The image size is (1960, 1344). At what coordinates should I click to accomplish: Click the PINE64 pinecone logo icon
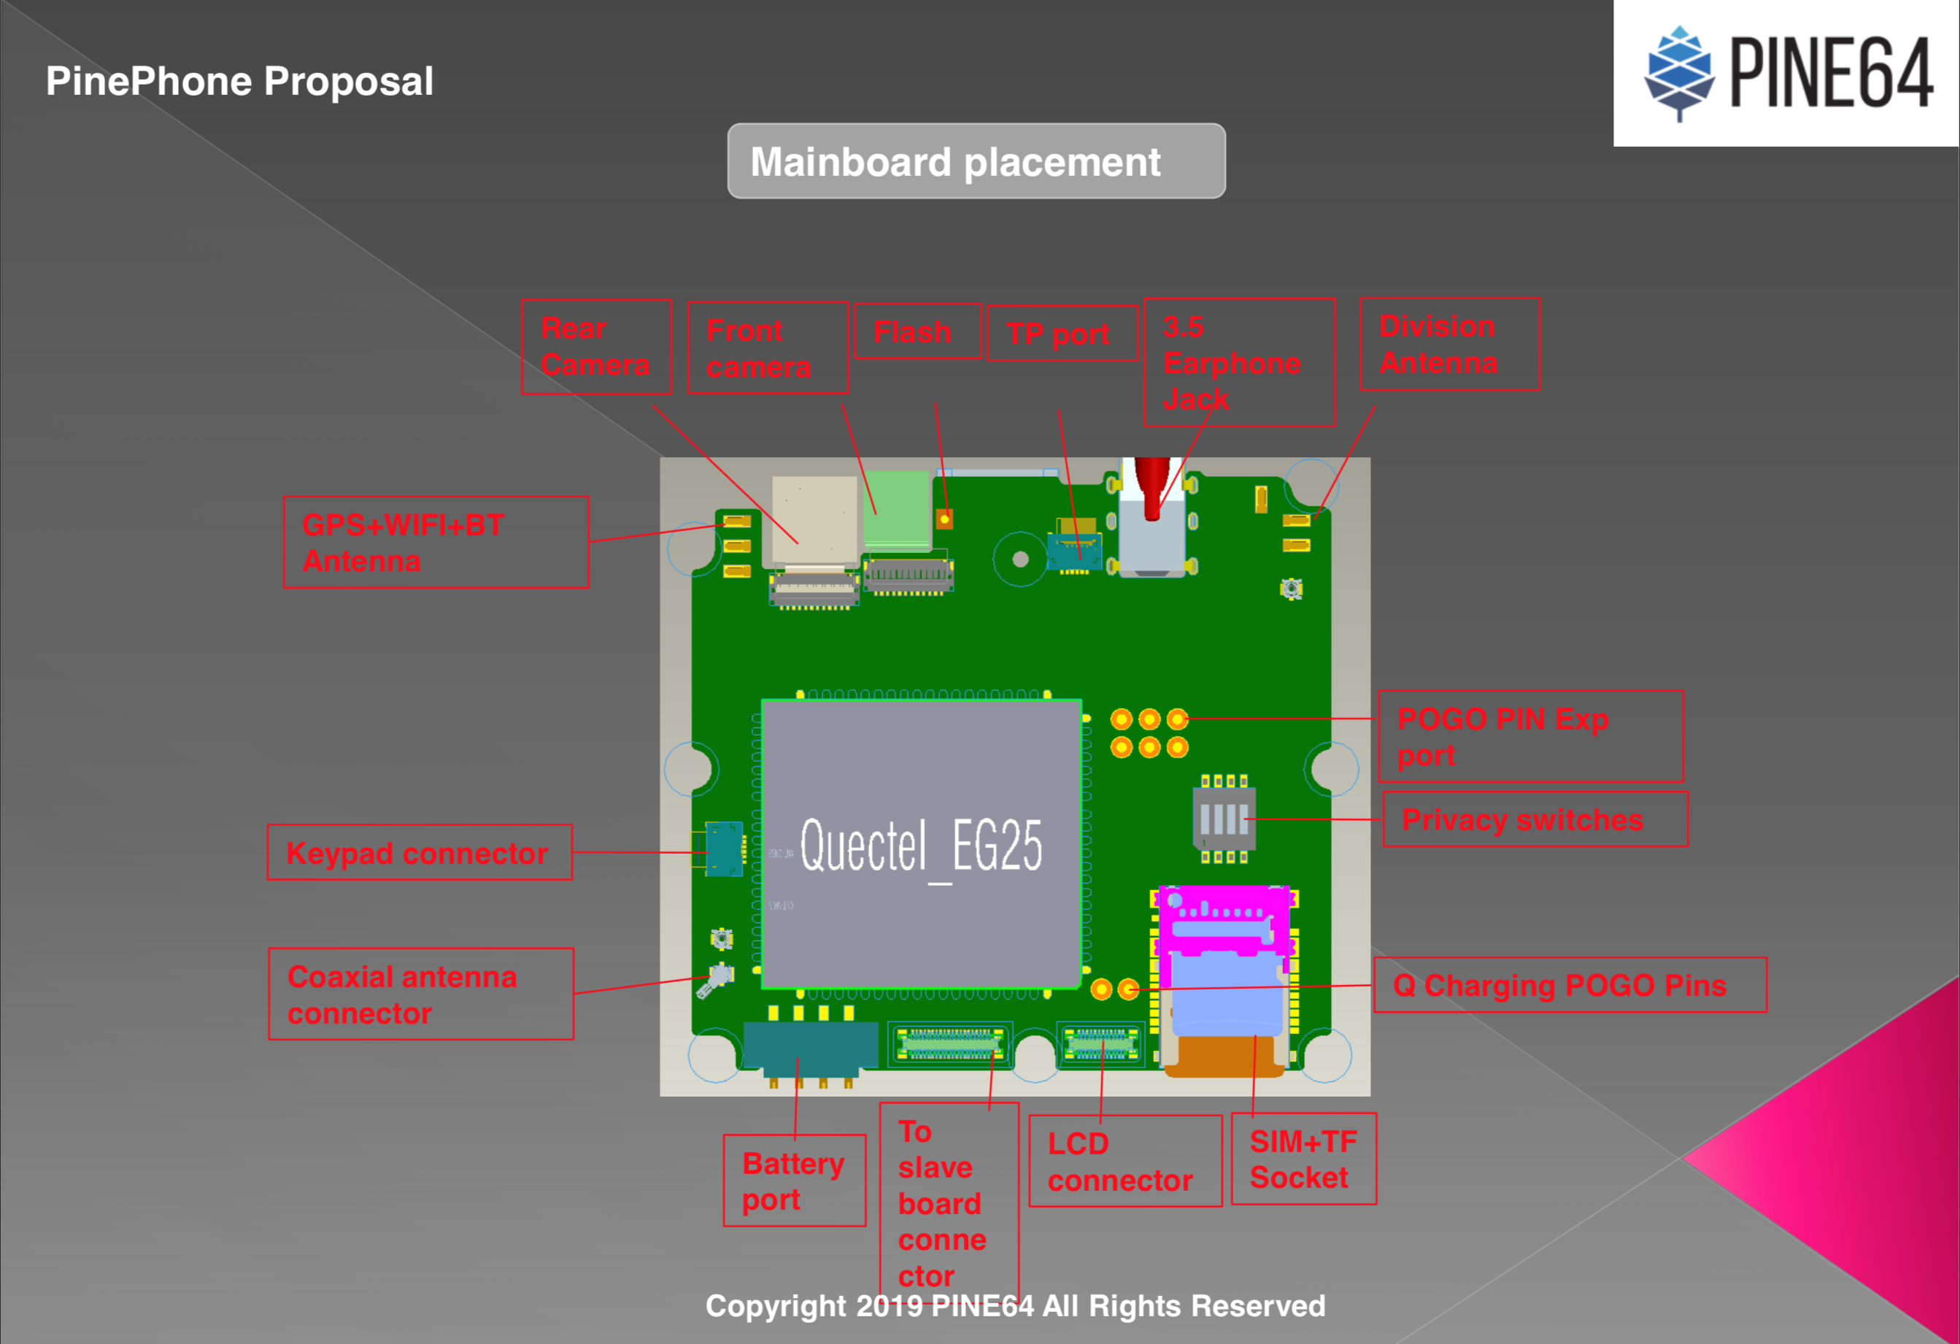(x=1679, y=74)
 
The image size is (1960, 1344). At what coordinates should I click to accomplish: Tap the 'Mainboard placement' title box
(x=976, y=161)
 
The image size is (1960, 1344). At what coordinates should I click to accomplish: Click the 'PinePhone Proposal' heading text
(x=239, y=81)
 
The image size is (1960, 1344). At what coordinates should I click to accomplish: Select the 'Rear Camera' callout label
(x=596, y=347)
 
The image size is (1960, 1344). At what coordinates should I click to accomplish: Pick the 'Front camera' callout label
(x=768, y=348)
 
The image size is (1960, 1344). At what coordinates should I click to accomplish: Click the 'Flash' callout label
(x=917, y=331)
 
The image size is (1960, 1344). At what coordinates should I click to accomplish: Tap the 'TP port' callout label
(x=1061, y=334)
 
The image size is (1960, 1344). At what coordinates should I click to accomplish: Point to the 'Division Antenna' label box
(x=1449, y=344)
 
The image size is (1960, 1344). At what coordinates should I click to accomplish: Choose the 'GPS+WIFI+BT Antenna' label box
(x=436, y=542)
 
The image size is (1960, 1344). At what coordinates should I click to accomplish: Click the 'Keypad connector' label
(x=419, y=852)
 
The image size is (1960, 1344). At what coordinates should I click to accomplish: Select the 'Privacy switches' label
(x=1534, y=819)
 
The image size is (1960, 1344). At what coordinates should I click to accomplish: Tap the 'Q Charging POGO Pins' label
(x=1569, y=985)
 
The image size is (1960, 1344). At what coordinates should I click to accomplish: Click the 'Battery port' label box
(x=794, y=1181)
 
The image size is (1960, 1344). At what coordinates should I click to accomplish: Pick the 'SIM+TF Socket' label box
(x=1303, y=1159)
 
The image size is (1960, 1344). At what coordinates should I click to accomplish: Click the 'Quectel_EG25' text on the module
(x=921, y=845)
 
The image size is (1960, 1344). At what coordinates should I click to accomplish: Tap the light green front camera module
(x=895, y=510)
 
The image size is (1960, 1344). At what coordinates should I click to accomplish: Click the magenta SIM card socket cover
(x=1223, y=922)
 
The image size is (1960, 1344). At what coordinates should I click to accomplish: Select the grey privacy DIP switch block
(x=1224, y=818)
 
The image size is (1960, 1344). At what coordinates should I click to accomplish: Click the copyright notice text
(x=1014, y=1306)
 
